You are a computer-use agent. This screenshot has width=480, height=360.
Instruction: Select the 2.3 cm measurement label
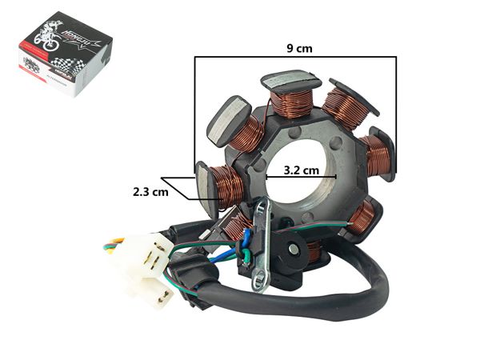click(150, 192)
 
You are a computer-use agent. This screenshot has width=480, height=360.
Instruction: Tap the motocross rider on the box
click(50, 42)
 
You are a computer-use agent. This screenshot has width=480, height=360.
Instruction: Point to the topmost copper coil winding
click(290, 102)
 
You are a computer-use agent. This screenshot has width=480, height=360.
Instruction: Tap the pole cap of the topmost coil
click(290, 80)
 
